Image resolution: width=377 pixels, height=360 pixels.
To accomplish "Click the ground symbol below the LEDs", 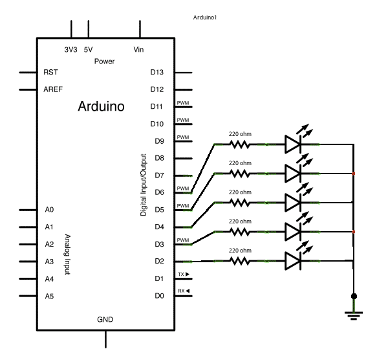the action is coord(354,316).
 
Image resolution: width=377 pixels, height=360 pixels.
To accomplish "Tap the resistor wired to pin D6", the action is coord(240,144).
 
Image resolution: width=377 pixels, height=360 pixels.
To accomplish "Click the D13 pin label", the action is coord(156,72).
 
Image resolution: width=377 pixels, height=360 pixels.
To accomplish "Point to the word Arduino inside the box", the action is coord(101,106).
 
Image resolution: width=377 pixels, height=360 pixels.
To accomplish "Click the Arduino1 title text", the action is coord(205,17).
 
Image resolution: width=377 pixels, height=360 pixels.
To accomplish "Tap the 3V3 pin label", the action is coord(70,50).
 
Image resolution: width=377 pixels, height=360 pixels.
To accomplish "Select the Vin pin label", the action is coord(139,50).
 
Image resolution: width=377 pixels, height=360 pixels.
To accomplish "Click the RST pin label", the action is coord(50,73).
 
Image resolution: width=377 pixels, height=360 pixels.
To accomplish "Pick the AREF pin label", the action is coord(53,89).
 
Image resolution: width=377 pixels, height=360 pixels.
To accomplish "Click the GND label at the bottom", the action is coord(105,320).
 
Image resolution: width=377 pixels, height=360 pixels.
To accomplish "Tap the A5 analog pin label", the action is coord(49,296).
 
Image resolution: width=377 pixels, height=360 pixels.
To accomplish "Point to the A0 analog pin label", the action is coord(49,210).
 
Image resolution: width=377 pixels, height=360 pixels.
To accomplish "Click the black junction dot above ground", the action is coord(354,296).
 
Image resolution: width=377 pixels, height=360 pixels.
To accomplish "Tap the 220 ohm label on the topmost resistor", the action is coord(240,134).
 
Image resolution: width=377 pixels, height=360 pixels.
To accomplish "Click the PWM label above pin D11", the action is coord(183,103).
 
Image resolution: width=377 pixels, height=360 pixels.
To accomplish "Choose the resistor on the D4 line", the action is coord(240,203).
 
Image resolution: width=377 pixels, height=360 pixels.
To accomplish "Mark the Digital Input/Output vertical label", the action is coord(144,185).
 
